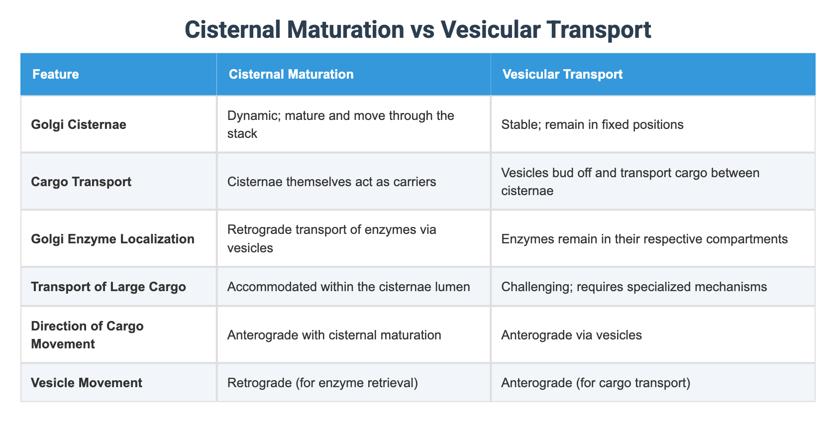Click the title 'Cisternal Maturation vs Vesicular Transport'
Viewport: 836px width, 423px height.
point(418,30)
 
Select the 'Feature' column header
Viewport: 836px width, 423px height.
point(55,74)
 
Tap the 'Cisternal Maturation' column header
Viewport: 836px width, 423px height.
point(291,74)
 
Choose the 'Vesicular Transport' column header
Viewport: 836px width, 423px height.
point(562,74)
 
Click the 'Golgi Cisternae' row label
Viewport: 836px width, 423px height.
point(79,124)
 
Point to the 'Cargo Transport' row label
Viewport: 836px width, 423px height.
point(81,181)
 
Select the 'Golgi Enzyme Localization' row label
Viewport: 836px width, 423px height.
point(112,239)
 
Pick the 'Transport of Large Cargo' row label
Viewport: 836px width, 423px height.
point(108,286)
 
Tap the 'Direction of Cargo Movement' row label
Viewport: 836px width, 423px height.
point(87,334)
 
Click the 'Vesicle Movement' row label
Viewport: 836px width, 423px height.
point(87,383)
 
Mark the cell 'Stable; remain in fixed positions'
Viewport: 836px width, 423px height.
point(592,124)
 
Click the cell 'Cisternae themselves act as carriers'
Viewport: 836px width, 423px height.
point(331,181)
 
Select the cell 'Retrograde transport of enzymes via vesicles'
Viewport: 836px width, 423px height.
point(331,238)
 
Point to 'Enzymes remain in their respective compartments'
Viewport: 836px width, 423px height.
point(644,239)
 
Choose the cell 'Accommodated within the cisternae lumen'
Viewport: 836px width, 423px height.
point(348,286)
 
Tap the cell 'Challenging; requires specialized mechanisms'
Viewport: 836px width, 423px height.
point(634,286)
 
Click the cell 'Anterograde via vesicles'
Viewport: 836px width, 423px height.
point(571,334)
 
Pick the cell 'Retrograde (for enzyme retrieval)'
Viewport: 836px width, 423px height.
point(322,383)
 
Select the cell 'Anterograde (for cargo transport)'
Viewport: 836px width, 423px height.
point(596,383)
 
